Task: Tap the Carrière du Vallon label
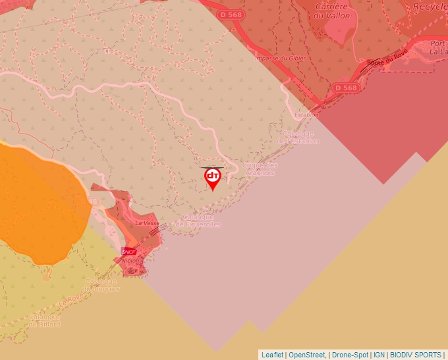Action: [x=331, y=11]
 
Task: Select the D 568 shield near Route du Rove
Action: [x=345, y=88]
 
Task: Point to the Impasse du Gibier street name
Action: [x=280, y=58]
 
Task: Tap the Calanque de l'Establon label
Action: [x=298, y=137]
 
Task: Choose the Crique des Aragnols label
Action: [x=261, y=169]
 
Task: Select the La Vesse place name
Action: [x=146, y=223]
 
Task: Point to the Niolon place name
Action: [x=130, y=261]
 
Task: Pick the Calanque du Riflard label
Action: [x=44, y=320]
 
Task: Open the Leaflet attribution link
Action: [x=272, y=355]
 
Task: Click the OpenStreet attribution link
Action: [x=308, y=355]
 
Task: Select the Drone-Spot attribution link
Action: [x=350, y=355]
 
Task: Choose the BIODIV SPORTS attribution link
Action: [x=416, y=355]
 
